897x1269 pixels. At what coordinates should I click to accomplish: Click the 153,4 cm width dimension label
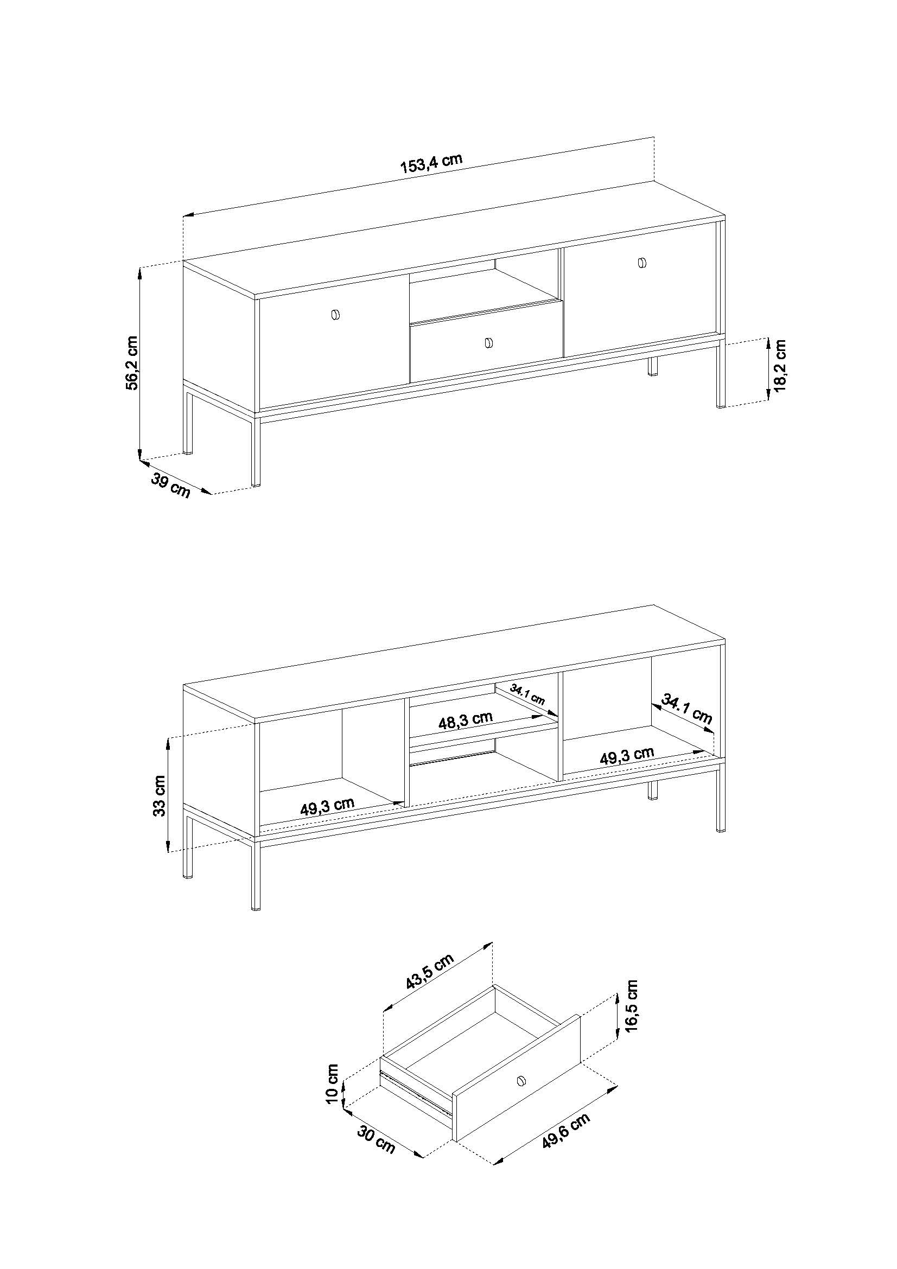tap(431, 163)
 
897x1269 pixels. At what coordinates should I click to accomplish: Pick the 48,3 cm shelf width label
tap(466, 720)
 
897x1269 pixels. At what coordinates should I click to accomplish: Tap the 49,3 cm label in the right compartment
tap(627, 755)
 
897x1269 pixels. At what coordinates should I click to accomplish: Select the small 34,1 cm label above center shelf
tap(527, 695)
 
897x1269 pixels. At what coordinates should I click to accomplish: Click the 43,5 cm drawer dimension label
tap(429, 972)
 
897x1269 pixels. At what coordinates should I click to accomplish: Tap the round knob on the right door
tap(641, 263)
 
